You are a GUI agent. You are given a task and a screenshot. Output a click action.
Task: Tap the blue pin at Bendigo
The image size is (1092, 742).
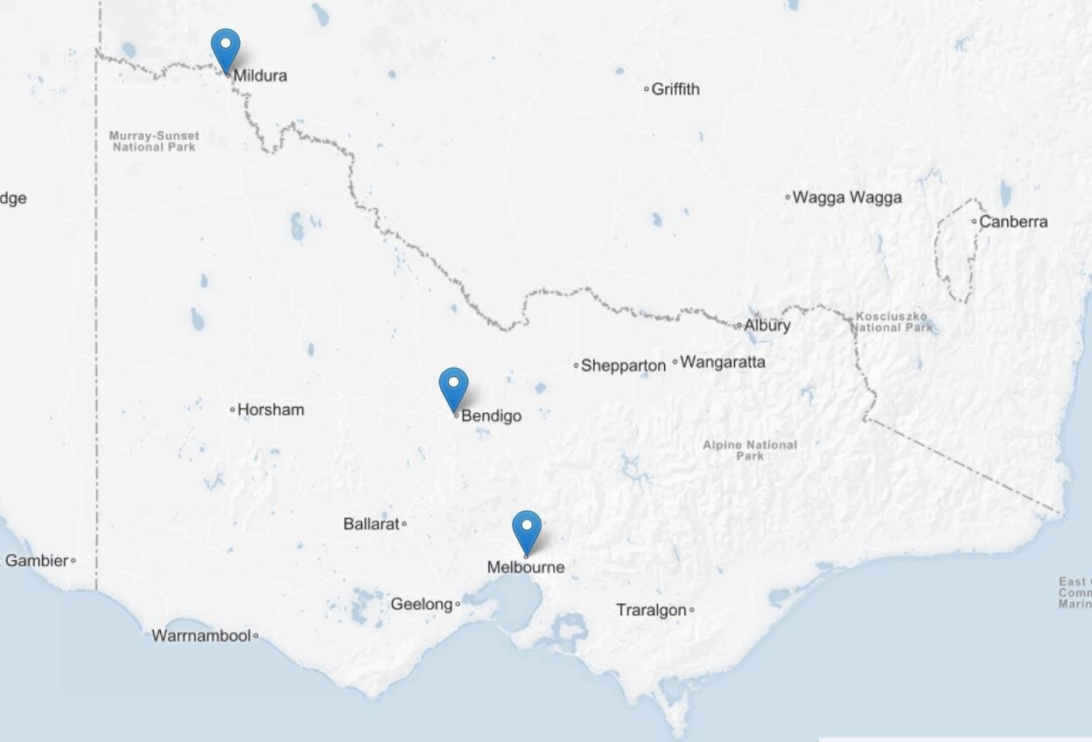(453, 386)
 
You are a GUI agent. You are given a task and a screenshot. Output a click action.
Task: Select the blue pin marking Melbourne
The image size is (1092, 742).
(527, 528)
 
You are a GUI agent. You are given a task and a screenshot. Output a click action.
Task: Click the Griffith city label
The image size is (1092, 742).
(675, 89)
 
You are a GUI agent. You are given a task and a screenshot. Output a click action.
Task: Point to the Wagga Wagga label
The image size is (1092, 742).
(847, 198)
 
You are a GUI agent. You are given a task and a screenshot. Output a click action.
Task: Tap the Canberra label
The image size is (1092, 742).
(1013, 221)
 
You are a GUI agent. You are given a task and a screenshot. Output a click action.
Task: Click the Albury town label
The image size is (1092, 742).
(767, 325)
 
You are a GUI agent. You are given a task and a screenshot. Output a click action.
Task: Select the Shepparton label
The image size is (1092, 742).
(623, 366)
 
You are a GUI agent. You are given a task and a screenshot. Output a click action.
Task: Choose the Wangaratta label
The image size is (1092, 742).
(723, 361)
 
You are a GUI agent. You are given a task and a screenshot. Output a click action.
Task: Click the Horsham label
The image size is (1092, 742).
(271, 409)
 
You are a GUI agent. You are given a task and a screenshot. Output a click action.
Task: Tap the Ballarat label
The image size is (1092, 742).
(371, 524)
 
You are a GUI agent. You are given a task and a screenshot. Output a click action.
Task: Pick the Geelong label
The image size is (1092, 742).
(421, 604)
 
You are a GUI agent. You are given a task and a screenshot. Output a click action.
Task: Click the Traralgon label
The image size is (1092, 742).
(651, 610)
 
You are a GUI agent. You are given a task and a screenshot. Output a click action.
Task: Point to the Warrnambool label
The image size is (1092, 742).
(201, 636)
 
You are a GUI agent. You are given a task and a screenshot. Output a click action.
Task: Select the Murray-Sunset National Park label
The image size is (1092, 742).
(154, 141)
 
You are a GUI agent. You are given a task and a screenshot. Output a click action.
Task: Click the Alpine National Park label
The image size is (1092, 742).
(750, 450)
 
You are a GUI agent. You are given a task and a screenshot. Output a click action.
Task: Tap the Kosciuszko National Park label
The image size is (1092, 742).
(892, 321)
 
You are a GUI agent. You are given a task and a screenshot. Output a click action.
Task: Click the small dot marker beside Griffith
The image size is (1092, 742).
(647, 89)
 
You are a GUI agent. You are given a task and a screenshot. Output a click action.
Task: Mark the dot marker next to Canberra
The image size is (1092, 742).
(974, 221)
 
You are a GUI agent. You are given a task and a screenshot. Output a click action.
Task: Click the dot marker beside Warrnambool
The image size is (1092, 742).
(255, 636)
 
